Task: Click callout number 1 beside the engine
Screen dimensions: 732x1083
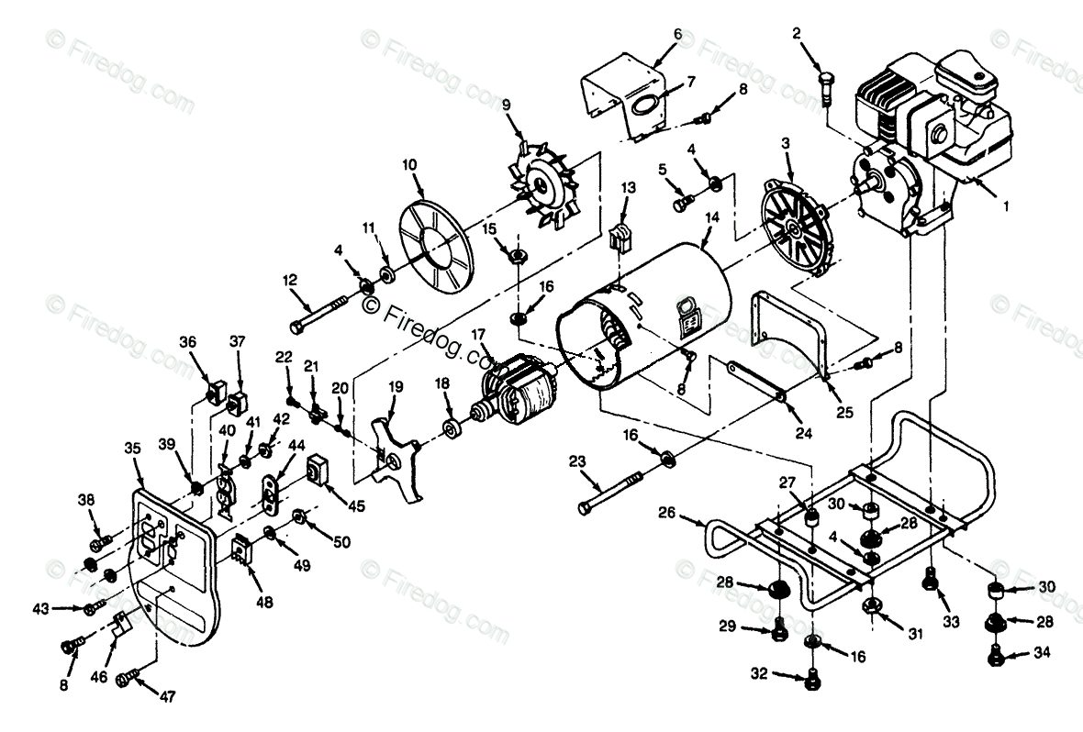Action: pyautogui.click(x=1005, y=207)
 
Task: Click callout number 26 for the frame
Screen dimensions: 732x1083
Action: pyautogui.click(x=666, y=514)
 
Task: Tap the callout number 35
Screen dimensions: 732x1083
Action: pyautogui.click(x=133, y=449)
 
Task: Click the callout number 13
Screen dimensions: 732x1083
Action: pyautogui.click(x=628, y=188)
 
